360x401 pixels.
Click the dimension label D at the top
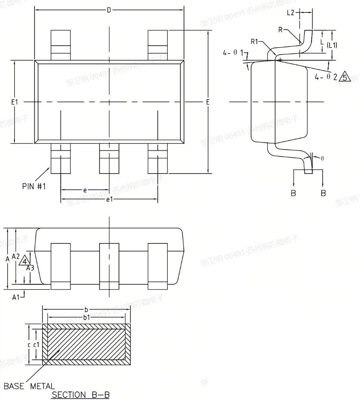point(109,9)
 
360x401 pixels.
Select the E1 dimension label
point(15,102)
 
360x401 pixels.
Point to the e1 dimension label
point(109,199)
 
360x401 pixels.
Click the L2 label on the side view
point(291,13)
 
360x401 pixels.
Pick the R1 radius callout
point(254,42)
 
